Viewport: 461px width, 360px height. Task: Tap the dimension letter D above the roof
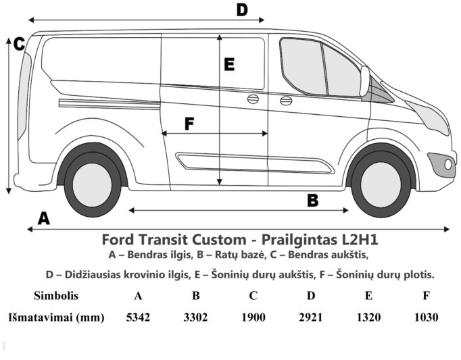[x=242, y=9]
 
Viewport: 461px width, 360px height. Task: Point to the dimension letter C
[x=19, y=44]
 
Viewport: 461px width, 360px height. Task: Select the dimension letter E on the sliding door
[x=229, y=64]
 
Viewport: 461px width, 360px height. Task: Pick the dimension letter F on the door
[x=189, y=124]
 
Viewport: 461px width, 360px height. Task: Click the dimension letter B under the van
[x=313, y=201]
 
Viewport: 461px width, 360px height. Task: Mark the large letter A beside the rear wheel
[x=44, y=218]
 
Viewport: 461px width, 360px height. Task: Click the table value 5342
[x=138, y=317]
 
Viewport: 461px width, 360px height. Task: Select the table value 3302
[x=195, y=317]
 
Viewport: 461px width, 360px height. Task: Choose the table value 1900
[x=253, y=317]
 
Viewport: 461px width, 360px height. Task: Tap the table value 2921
[x=311, y=317]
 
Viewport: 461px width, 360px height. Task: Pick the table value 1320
[x=368, y=317]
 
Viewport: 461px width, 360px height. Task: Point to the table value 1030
[x=426, y=317]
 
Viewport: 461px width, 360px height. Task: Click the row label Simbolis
[x=56, y=295]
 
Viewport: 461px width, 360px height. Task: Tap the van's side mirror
[x=364, y=81]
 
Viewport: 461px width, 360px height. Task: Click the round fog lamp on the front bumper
[x=448, y=164]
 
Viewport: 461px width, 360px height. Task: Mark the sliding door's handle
[x=253, y=99]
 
